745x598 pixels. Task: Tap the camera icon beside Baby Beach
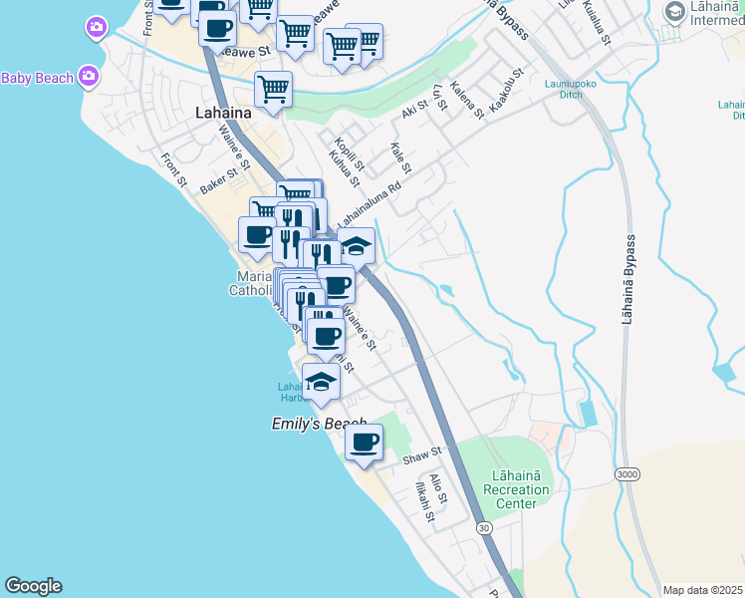point(89,76)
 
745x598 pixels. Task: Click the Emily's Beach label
point(319,424)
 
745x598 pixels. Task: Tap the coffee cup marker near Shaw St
point(365,442)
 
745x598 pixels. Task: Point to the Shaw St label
point(423,457)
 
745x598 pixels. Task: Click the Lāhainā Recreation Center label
point(515,489)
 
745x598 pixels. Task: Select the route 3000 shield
point(627,473)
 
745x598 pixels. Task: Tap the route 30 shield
point(484,525)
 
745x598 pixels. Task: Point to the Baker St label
point(220,178)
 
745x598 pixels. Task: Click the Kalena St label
point(466,100)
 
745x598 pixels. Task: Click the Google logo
point(33,586)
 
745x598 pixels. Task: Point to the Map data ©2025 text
point(702,590)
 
